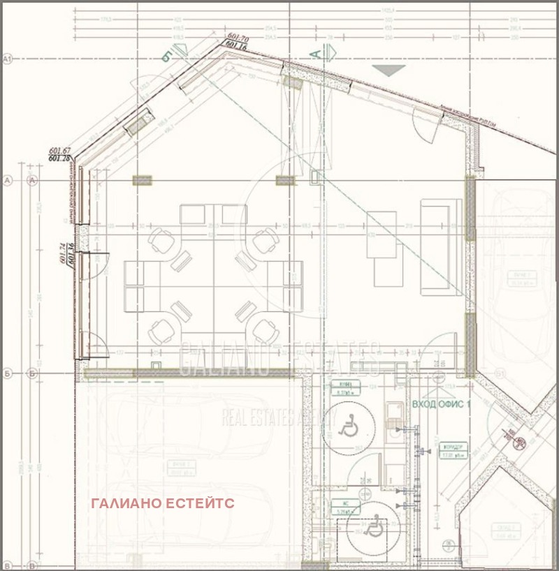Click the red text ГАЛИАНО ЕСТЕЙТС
pyautogui.click(x=162, y=503)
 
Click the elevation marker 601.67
pyautogui.click(x=60, y=151)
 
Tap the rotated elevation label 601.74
pyautogui.click(x=63, y=252)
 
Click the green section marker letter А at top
pyautogui.click(x=315, y=52)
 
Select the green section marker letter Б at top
pyautogui.click(x=166, y=56)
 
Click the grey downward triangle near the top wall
pyautogui.click(x=389, y=70)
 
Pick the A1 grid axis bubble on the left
pyautogui.click(x=8, y=60)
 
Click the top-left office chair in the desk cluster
pyautogui.click(x=161, y=242)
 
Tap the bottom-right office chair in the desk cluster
pyautogui.click(x=263, y=328)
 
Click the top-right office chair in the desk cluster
pyautogui.click(x=265, y=242)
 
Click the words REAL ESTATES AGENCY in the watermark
pyautogui.click(x=279, y=417)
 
